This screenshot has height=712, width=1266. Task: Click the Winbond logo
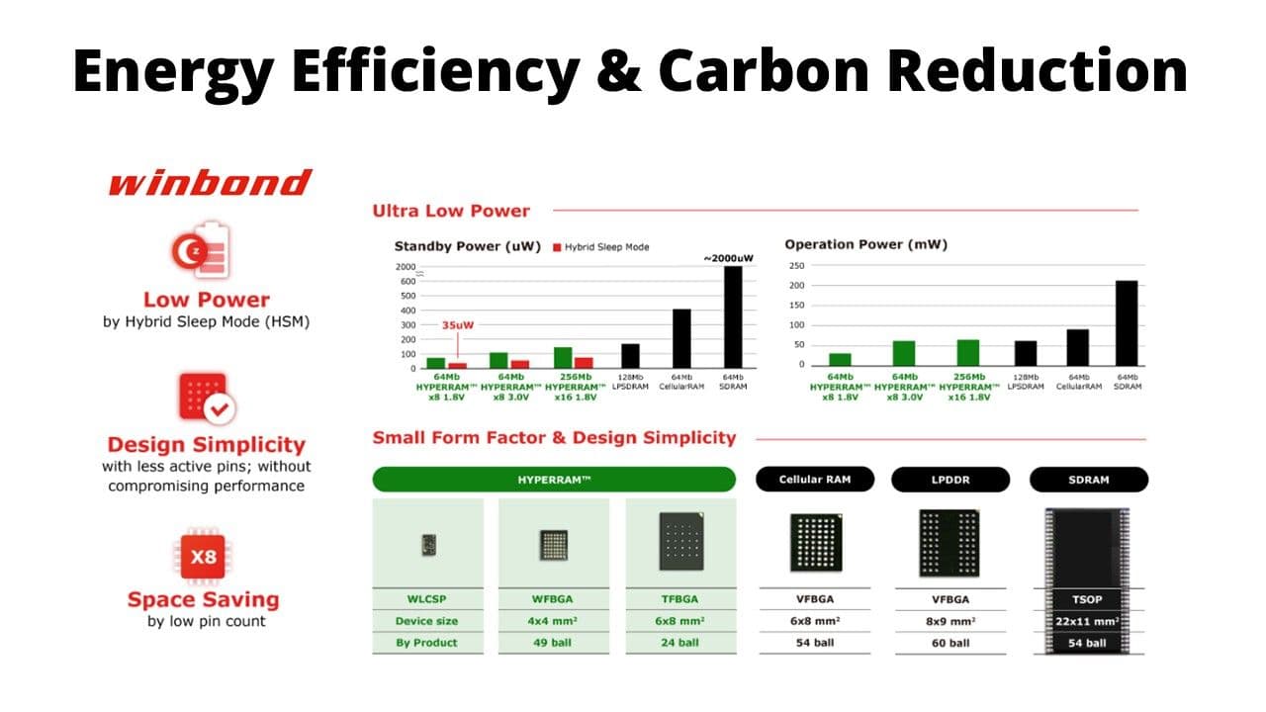209,183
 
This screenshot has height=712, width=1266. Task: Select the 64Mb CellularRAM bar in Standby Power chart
681,339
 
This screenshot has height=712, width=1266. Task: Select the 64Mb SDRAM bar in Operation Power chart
1127,323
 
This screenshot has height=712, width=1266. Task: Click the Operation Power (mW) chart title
865,244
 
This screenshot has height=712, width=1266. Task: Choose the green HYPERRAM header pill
554,479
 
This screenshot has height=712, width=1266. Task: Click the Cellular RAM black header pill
814,479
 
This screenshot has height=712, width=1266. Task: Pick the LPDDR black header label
950,480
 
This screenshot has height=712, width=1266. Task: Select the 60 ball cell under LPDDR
950,643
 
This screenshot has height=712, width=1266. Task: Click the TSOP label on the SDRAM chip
1088,599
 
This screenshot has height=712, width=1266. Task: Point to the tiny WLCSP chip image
428,544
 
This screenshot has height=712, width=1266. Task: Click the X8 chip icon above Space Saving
204,557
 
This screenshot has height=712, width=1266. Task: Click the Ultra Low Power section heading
451,211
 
